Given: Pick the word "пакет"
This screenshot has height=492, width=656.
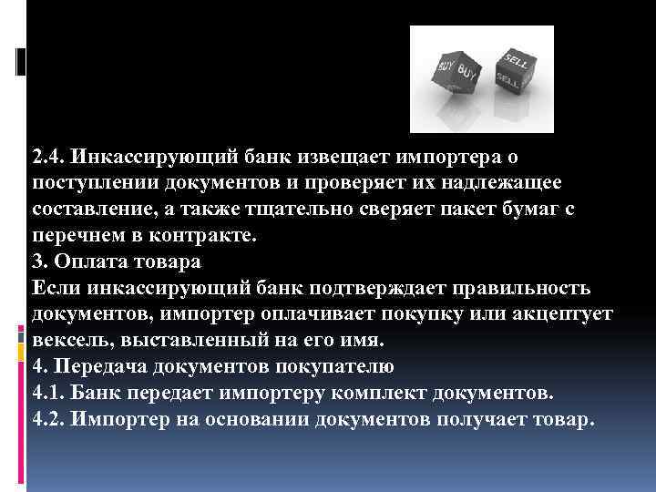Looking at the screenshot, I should pyautogui.click(x=447, y=210).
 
